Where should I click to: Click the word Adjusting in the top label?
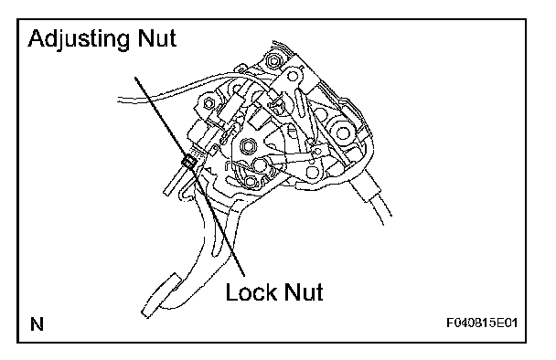[79, 39]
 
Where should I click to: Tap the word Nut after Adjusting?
[156, 38]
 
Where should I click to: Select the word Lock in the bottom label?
[251, 292]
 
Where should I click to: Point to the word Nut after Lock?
[304, 292]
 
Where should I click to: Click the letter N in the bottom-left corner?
[37, 323]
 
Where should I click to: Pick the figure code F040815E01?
[482, 323]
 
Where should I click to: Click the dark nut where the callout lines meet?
[188, 162]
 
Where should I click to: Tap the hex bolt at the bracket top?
[273, 61]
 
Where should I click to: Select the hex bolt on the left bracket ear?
[208, 103]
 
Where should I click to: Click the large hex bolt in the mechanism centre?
[248, 145]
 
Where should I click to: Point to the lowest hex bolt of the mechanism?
[250, 182]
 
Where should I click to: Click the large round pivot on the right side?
[341, 132]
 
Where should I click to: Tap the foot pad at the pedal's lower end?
[161, 295]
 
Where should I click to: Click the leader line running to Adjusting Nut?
[162, 119]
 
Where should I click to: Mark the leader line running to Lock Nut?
[219, 221]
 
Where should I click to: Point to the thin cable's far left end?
[119, 100]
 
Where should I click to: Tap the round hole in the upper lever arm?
[293, 76]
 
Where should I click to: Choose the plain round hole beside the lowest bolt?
[260, 164]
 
